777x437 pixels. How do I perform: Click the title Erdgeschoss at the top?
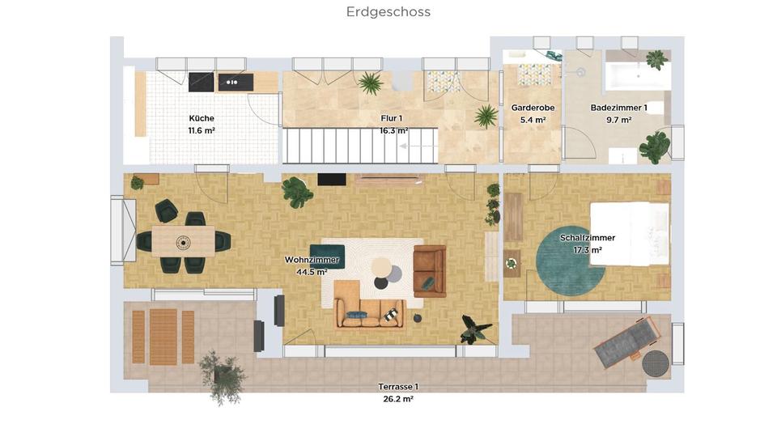pyautogui.click(x=388, y=12)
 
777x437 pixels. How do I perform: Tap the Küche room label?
pyautogui.click(x=202, y=118)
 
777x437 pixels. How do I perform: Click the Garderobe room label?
pyautogui.click(x=533, y=108)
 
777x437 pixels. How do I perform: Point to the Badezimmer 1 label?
pyautogui.click(x=618, y=108)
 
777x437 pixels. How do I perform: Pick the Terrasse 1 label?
pyautogui.click(x=398, y=387)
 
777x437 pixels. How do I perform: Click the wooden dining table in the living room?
pyautogui.click(x=184, y=240)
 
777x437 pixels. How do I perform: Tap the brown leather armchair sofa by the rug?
pyautogui.click(x=429, y=271)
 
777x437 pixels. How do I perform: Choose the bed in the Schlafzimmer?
pyautogui.click(x=630, y=233)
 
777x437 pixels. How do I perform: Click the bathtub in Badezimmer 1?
pyautogui.click(x=638, y=78)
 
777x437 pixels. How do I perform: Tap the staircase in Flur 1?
pyautogui.click(x=359, y=146)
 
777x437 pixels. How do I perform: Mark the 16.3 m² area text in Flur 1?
pyautogui.click(x=394, y=130)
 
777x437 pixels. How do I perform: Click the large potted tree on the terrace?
pyautogui.click(x=221, y=375)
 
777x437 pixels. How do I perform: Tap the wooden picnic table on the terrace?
pyautogui.click(x=163, y=336)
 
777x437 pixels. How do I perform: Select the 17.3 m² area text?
pyautogui.click(x=588, y=250)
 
